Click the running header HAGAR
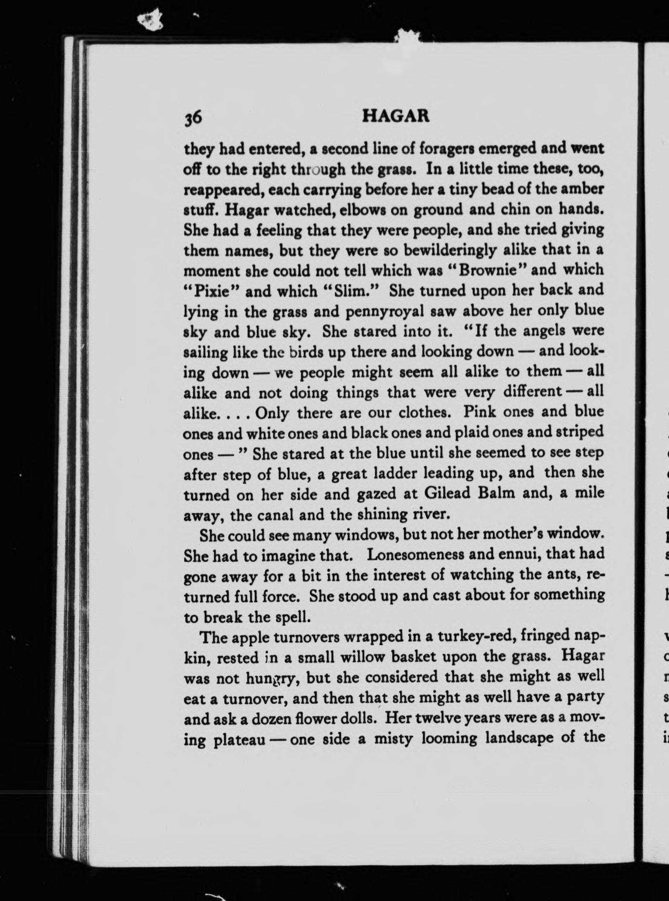pos(396,116)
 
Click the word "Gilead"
pos(445,493)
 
